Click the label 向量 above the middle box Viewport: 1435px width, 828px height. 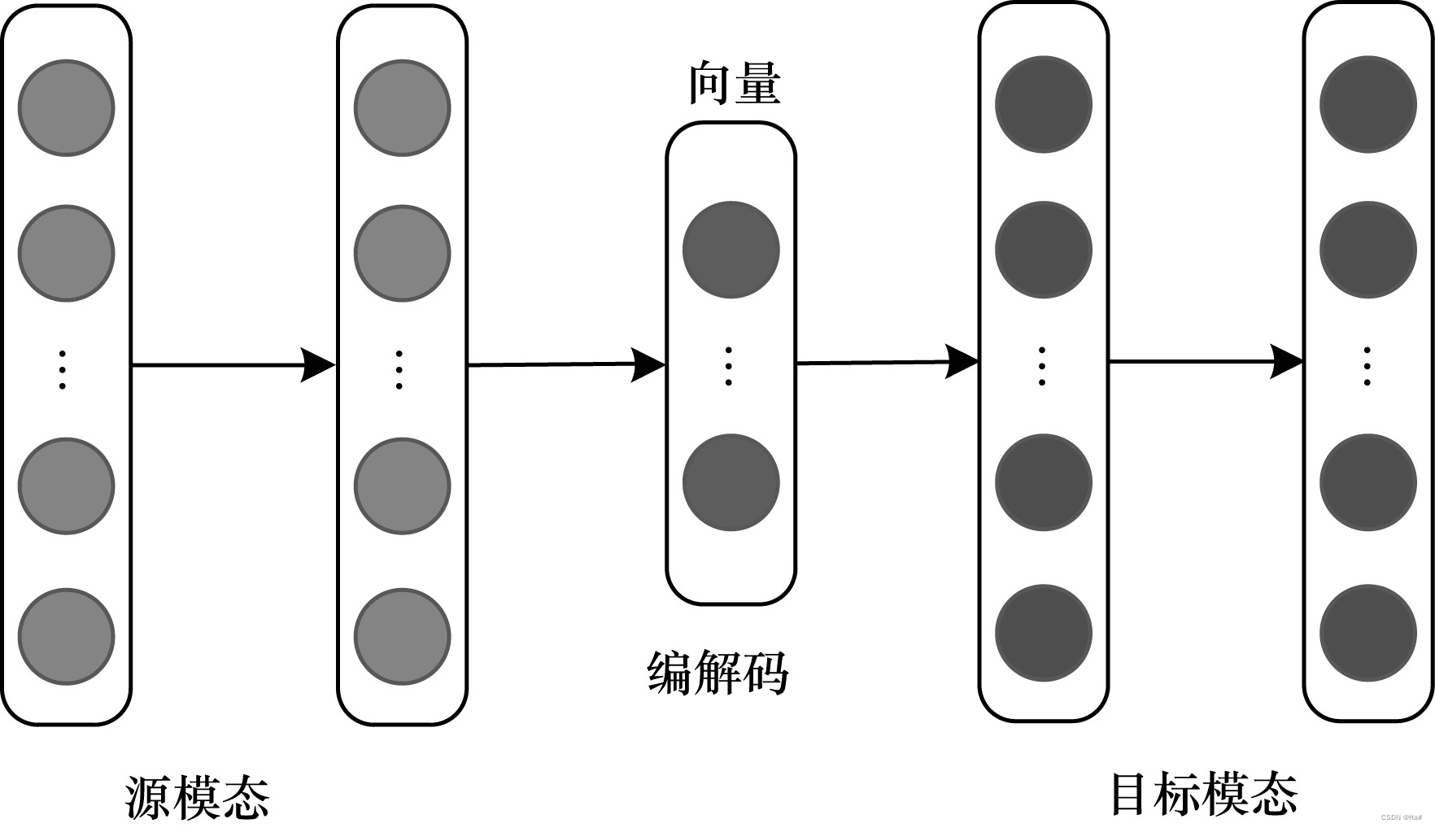(735, 84)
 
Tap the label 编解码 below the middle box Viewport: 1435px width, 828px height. (718, 673)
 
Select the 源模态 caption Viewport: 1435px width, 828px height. (198, 797)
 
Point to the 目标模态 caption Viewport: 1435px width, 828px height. (1204, 794)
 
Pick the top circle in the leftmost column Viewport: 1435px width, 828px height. (67, 107)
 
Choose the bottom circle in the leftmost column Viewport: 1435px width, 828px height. (67, 636)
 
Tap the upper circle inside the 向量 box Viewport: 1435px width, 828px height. (731, 250)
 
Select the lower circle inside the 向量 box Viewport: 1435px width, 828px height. (731, 482)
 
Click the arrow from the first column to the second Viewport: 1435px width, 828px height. (233, 365)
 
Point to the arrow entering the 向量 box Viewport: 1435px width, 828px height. (567, 364)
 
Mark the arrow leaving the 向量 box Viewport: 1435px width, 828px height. (887, 363)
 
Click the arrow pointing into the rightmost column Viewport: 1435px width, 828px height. (1206, 361)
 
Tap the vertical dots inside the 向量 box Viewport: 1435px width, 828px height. (728, 366)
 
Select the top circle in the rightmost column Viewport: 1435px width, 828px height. (1367, 104)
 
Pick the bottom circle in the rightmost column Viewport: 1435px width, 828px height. (1367, 633)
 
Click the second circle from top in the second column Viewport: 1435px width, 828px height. (402, 253)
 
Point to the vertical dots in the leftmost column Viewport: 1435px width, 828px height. (63, 370)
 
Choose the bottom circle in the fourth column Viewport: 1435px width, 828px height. (1043, 633)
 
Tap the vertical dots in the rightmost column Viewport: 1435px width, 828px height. (1367, 366)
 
